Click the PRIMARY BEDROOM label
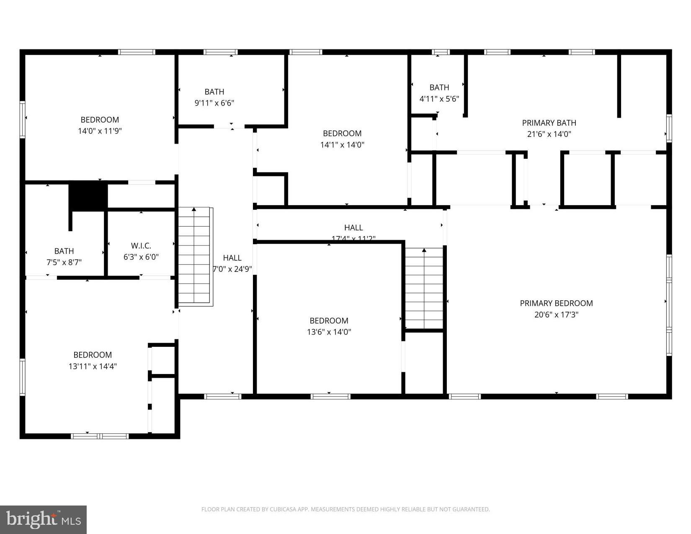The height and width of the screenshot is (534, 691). (x=556, y=303)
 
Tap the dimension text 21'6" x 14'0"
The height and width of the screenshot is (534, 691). (x=549, y=134)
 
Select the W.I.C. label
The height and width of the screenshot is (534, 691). (x=141, y=246)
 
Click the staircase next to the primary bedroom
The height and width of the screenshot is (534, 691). (x=424, y=289)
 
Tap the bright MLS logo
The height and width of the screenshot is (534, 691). (x=43, y=520)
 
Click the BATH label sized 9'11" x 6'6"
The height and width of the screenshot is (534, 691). (x=214, y=92)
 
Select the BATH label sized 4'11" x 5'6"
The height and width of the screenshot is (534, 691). (x=439, y=88)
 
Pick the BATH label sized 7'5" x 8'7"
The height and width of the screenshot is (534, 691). (x=64, y=251)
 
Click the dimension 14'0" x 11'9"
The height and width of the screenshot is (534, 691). (x=100, y=131)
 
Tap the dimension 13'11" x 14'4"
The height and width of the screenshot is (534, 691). (x=93, y=366)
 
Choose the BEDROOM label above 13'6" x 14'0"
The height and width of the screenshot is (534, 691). (x=329, y=321)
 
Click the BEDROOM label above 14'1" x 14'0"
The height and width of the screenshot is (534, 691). (x=342, y=134)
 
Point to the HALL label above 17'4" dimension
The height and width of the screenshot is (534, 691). (x=353, y=228)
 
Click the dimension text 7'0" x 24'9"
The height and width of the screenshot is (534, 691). (x=232, y=269)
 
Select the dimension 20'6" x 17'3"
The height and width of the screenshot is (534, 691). (x=556, y=315)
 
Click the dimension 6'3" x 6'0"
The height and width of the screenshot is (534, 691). (x=141, y=257)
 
